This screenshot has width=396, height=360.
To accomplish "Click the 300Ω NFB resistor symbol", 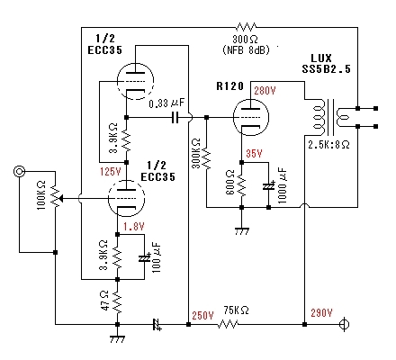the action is [246, 27].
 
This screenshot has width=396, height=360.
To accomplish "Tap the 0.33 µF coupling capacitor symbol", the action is [175, 117].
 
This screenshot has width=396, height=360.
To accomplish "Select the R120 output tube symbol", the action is [251, 117].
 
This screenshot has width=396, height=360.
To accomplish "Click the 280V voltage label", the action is [265, 91].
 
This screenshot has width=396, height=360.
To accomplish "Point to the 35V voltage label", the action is [254, 154].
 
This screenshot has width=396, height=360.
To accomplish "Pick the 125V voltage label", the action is [111, 172].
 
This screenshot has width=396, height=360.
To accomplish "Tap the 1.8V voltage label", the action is [134, 226].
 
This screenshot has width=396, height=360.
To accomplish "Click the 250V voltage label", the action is [202, 316].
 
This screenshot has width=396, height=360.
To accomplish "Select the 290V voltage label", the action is [321, 313].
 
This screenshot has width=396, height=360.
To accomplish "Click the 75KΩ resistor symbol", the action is [228, 324].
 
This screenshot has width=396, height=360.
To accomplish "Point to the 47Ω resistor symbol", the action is [117, 302].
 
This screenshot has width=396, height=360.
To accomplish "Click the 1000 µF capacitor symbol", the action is [268, 186].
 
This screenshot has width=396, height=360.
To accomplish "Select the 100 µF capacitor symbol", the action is [144, 258].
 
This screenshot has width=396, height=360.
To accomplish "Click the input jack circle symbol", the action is [20, 172].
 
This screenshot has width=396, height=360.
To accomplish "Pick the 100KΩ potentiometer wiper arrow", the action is [60, 198].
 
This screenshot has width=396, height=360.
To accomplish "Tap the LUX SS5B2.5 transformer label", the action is [326, 64].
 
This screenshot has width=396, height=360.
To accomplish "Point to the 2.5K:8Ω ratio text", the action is [328, 145].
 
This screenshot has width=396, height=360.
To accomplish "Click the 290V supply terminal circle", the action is [345, 324].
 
